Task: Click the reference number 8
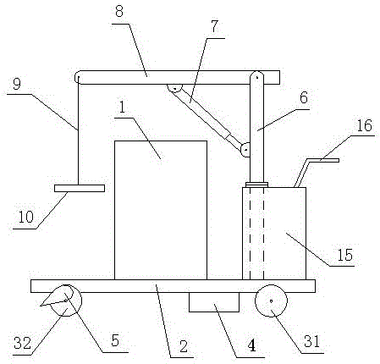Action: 119,12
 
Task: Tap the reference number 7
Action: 215,26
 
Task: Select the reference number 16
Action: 364,125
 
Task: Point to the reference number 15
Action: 344,255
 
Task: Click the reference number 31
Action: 311,341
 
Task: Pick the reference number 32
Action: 23,343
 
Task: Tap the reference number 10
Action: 26,217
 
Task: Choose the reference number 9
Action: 17,84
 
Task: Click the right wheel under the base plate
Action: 271,301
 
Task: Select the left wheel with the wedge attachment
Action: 66,301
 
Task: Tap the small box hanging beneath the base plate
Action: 214,302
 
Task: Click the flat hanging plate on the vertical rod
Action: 80,188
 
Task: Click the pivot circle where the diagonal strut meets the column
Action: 245,150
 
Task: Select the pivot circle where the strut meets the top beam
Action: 174,88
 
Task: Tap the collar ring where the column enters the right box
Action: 256,185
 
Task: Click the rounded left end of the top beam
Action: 78,77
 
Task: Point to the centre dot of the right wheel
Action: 271,301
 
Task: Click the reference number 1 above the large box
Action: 122,108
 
